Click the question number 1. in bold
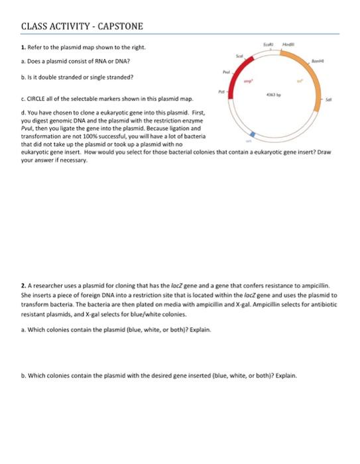tap(23, 48)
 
